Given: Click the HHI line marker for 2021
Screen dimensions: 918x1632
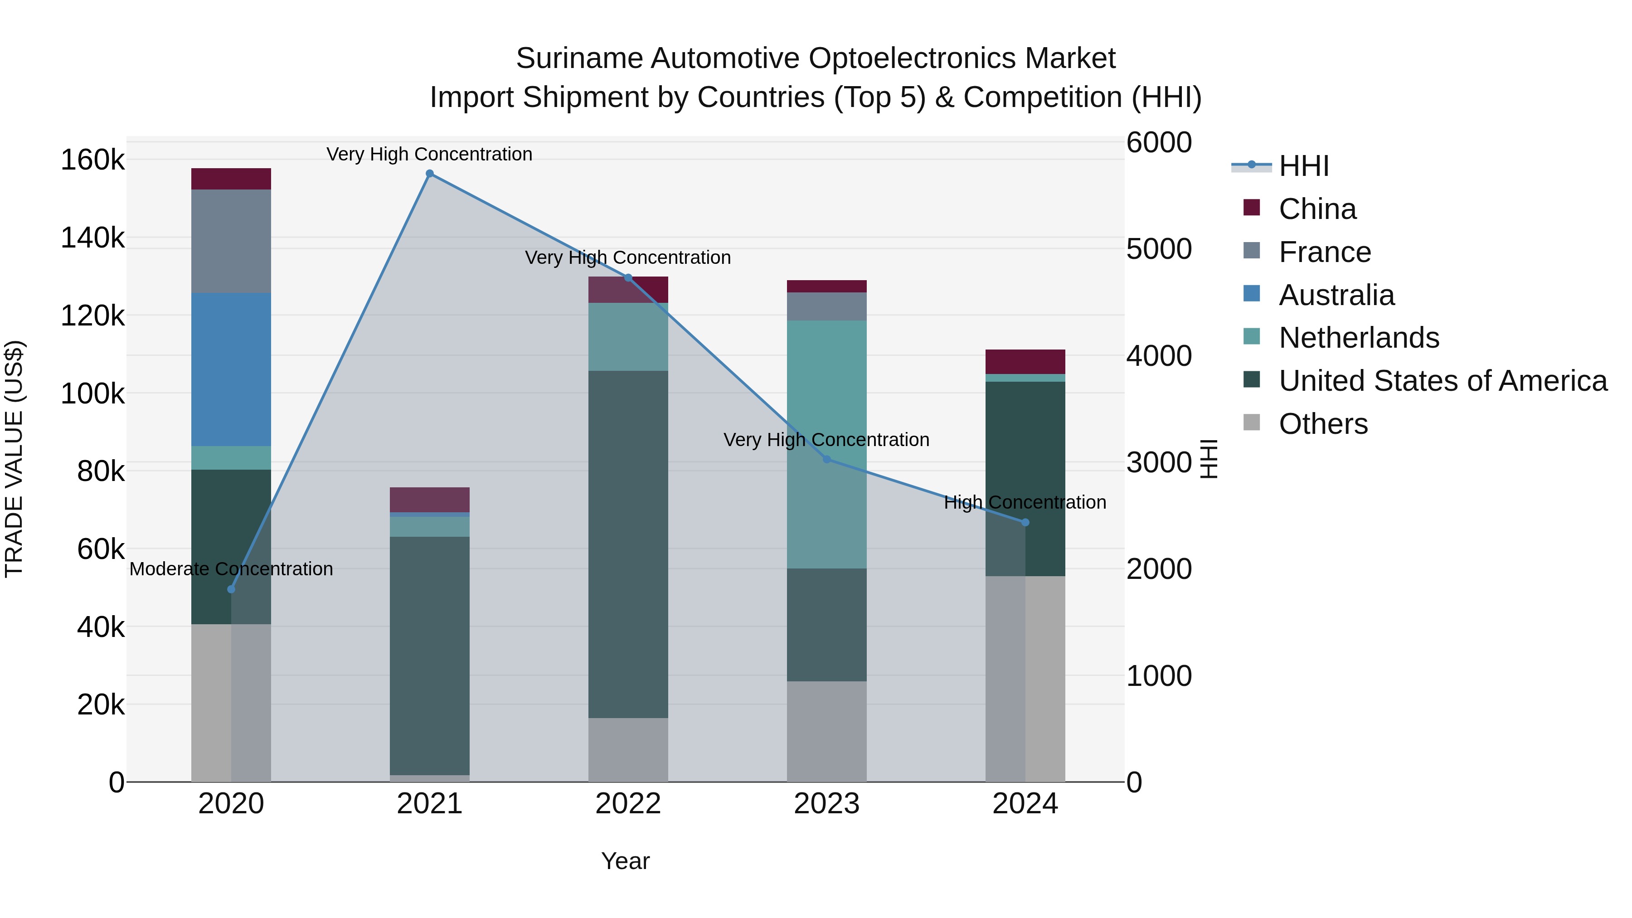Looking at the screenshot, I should coord(430,174).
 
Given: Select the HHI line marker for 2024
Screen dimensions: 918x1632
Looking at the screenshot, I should coord(1025,523).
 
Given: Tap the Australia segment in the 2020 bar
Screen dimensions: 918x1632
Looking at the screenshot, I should coord(231,369).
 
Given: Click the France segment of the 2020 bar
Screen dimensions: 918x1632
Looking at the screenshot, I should coord(231,241).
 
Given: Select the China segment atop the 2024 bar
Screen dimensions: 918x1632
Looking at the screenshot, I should coord(1025,362).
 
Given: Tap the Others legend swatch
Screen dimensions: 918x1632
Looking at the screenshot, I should coord(1251,423).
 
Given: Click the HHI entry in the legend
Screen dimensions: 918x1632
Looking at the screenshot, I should coord(1303,166).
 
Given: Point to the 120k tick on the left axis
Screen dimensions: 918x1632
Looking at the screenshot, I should coord(92,316).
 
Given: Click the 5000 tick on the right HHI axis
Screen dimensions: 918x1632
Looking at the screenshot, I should coord(1159,249).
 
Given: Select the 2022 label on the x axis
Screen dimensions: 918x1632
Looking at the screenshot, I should coord(628,804).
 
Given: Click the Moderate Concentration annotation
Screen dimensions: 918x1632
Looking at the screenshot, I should coord(231,569).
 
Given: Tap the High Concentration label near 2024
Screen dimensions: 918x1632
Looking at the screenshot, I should coord(1025,502).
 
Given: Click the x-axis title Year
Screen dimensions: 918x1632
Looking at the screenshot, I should coord(625,861).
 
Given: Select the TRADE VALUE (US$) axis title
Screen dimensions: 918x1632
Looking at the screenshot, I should coord(14,459).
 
